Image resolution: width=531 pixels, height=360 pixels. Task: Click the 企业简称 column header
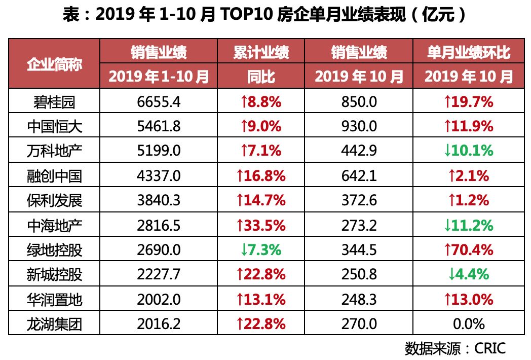click(54, 64)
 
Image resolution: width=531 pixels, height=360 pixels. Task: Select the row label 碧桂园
click(54, 102)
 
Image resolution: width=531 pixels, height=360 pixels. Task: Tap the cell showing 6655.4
click(159, 102)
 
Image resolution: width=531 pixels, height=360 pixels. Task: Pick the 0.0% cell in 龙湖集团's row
click(468, 323)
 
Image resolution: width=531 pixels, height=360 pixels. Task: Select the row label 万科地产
click(54, 151)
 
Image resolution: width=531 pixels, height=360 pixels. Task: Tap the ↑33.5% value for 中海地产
click(261, 225)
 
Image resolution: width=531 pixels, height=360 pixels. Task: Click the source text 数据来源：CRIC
click(455, 348)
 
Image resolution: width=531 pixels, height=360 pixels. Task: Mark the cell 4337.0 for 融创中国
click(159, 176)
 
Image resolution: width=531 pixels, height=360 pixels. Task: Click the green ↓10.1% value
click(468, 151)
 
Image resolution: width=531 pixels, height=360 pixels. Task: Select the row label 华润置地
click(54, 299)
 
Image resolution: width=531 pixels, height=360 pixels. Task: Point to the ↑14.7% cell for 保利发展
click(261, 200)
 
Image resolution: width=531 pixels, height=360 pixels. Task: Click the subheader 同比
click(261, 77)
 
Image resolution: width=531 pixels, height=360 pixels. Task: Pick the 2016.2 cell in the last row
click(159, 323)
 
